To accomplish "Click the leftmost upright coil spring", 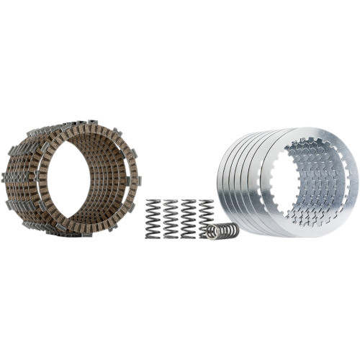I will click(153, 219).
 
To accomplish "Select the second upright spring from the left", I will click(171, 219).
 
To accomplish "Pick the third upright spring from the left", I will click(189, 219).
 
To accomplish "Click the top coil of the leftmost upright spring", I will click(153, 202).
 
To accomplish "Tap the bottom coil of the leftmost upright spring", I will click(153, 235).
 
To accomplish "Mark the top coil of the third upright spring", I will click(189, 202).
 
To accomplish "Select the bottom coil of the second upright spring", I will click(171, 235).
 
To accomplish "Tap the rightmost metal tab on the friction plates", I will click(138, 180).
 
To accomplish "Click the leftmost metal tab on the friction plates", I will click(6, 176).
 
